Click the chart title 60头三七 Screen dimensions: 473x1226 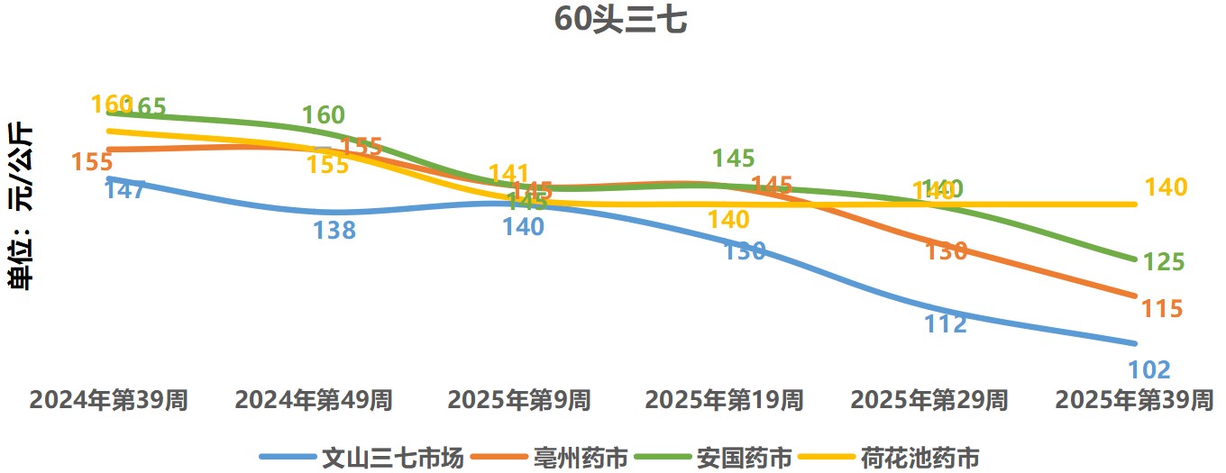click(620, 20)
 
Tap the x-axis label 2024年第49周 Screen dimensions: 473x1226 click(314, 400)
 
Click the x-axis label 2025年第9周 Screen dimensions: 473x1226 click(519, 400)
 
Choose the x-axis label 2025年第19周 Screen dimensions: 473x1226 click(724, 400)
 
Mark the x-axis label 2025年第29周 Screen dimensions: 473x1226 click(929, 400)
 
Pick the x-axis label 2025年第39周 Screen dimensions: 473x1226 click(1134, 400)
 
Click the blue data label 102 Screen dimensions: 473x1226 click(1149, 369)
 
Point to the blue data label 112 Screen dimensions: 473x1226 click(946, 323)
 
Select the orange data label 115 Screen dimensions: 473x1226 click(1162, 309)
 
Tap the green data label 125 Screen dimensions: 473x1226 click(1163, 262)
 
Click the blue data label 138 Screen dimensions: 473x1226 click(334, 231)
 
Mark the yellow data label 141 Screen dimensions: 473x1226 click(508, 174)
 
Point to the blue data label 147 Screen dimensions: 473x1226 click(125, 190)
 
